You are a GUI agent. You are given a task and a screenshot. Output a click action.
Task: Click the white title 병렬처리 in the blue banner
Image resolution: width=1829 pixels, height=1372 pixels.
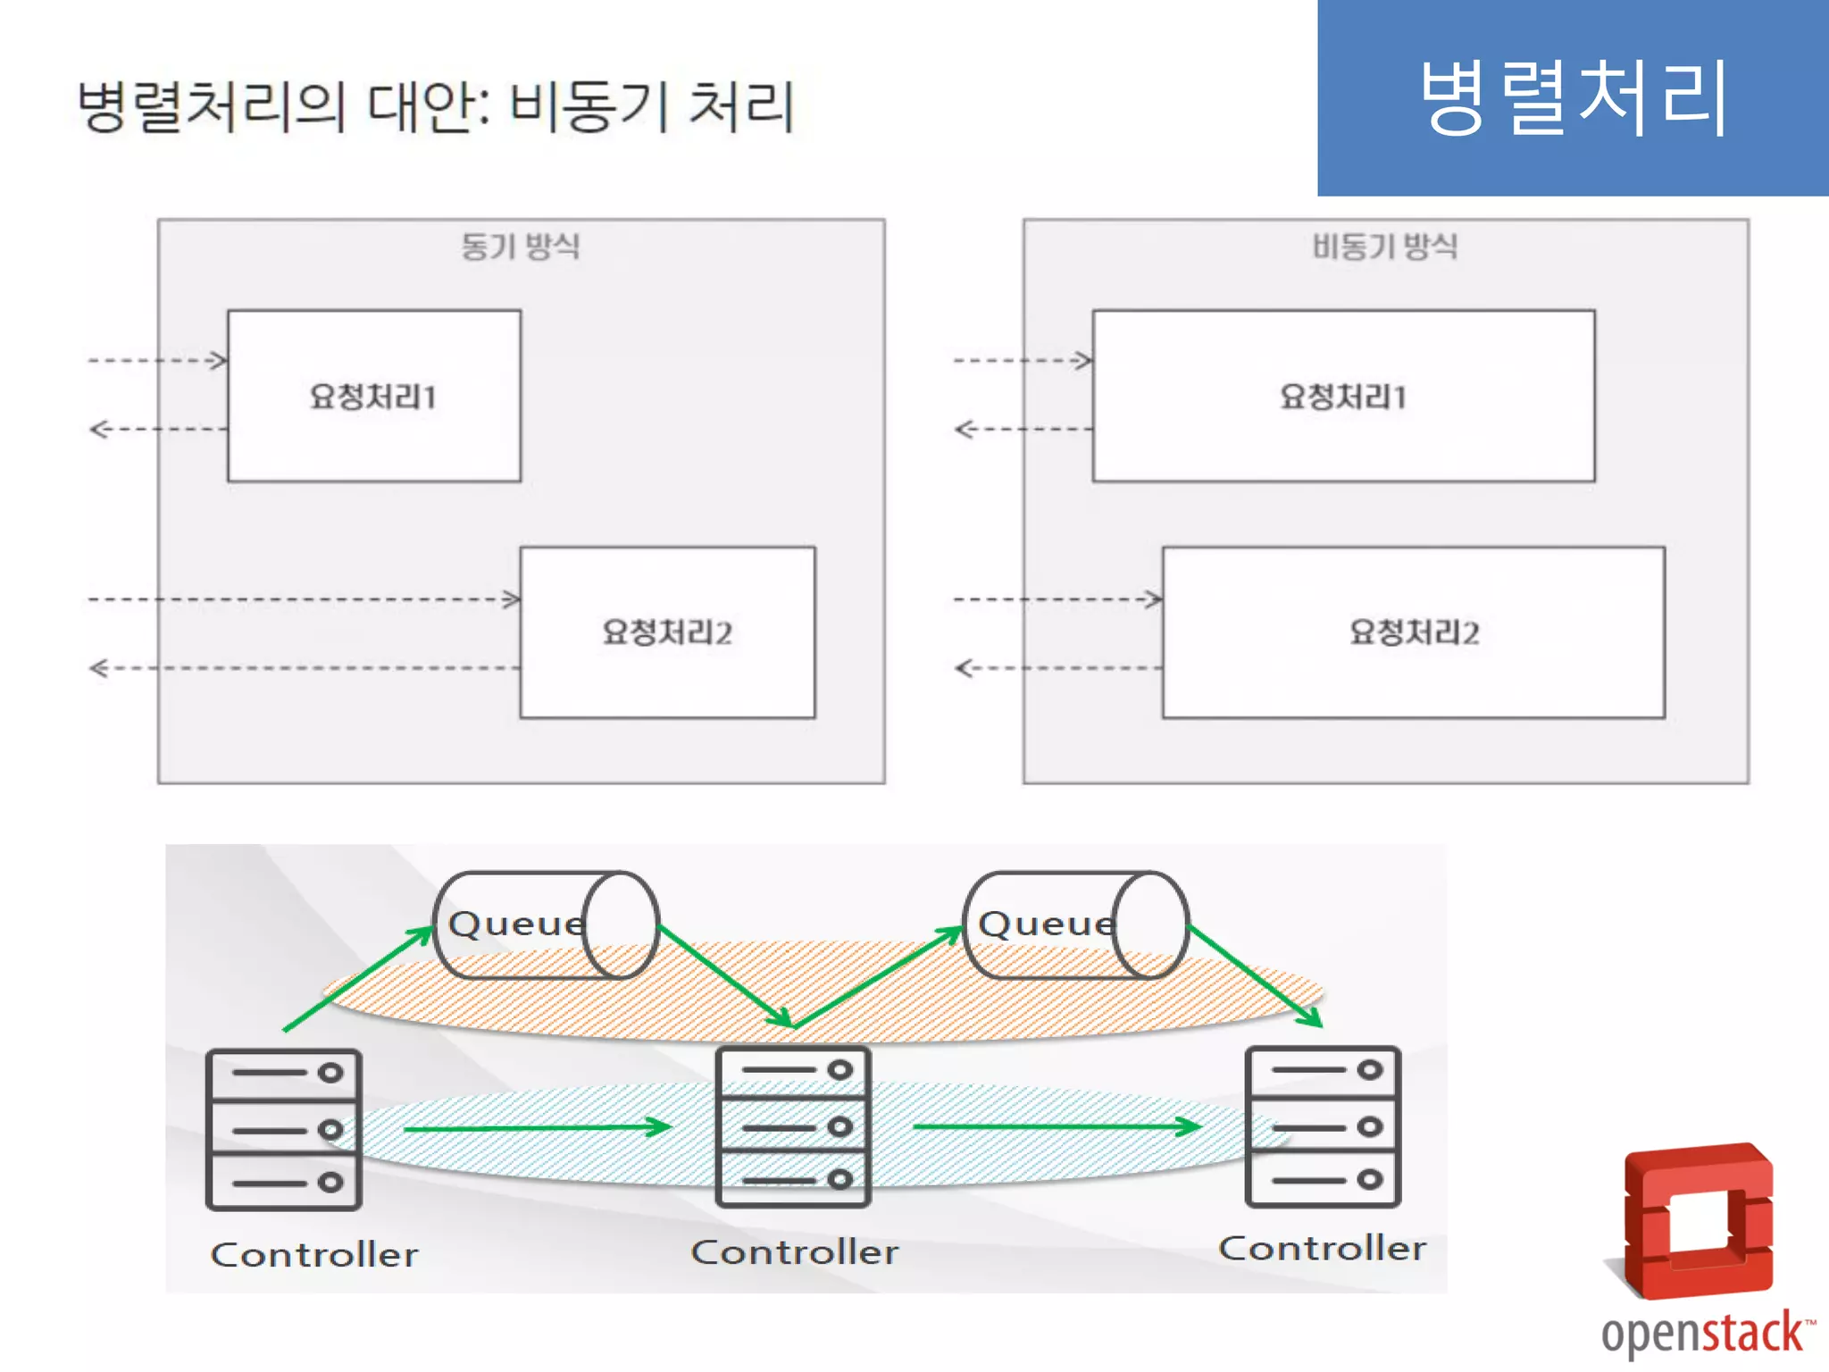pyautogui.click(x=1574, y=98)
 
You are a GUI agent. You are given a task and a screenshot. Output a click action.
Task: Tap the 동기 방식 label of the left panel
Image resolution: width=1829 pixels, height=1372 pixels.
pyautogui.click(x=521, y=247)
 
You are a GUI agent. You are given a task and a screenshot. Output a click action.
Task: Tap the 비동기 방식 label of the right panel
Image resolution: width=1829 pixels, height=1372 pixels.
pyautogui.click(x=1384, y=247)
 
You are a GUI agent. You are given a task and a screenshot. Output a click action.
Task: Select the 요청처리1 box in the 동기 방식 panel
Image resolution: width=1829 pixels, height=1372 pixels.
pyautogui.click(x=374, y=396)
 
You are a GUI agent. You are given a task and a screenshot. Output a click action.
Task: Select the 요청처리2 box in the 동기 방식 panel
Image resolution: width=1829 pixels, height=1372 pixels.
pyautogui.click(x=667, y=632)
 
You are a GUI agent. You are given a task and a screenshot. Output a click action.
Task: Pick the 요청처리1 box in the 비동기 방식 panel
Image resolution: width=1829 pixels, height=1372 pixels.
pyautogui.click(x=1343, y=396)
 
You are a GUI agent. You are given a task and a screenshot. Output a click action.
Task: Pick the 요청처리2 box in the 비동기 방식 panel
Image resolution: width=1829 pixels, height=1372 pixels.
pyautogui.click(x=1413, y=632)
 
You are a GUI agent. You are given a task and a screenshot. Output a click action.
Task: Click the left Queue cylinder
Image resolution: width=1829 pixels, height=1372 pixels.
pyautogui.click(x=545, y=925)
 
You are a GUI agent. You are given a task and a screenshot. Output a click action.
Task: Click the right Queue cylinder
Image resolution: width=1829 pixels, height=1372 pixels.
pyautogui.click(x=1075, y=925)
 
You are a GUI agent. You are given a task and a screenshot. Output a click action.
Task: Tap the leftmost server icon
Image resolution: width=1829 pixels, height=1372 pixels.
pyautogui.click(x=284, y=1129)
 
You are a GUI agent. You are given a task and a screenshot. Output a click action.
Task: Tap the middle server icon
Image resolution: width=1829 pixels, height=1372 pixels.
pyautogui.click(x=793, y=1126)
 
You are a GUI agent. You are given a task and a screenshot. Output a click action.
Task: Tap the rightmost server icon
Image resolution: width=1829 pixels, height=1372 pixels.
pyautogui.click(x=1323, y=1126)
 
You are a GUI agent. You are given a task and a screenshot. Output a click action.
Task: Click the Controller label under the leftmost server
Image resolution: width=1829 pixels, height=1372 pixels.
pyautogui.click(x=314, y=1255)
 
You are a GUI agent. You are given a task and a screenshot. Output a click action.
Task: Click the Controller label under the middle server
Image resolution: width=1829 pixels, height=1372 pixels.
pyautogui.click(x=795, y=1252)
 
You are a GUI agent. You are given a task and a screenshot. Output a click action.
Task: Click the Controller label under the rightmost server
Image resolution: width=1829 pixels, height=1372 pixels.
pyautogui.click(x=1323, y=1249)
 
